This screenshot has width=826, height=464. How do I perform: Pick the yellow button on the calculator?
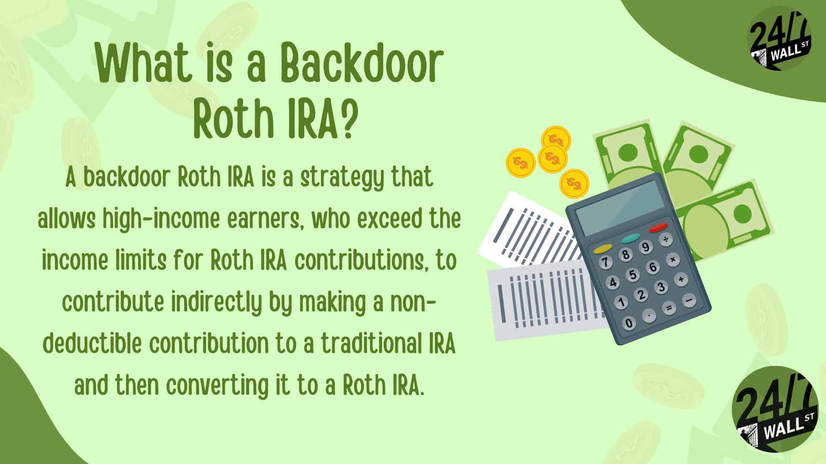pos(603,248)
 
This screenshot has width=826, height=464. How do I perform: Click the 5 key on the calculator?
pos(633,275)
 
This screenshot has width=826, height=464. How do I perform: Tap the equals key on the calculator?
pos(668,308)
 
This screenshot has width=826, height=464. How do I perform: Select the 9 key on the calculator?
pos(645,247)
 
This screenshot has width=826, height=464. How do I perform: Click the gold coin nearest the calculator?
pos(574,183)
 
